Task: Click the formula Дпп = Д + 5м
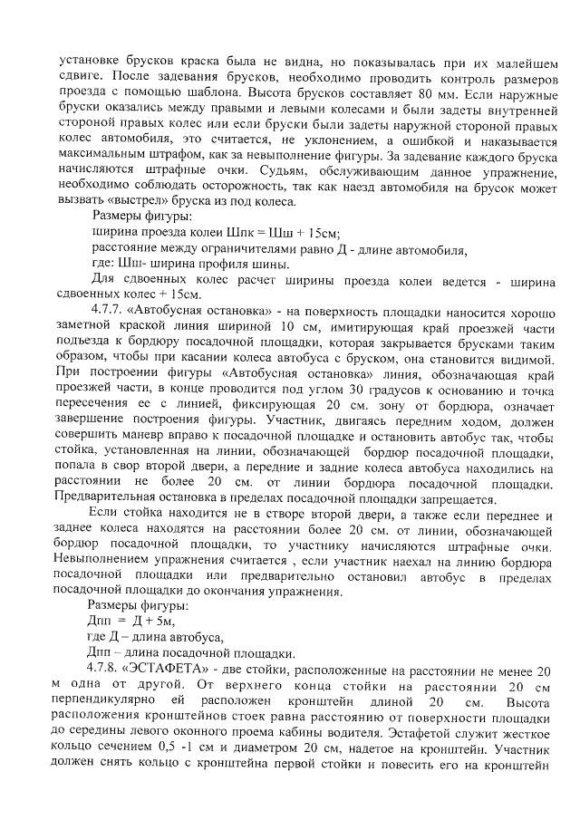point(130,622)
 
